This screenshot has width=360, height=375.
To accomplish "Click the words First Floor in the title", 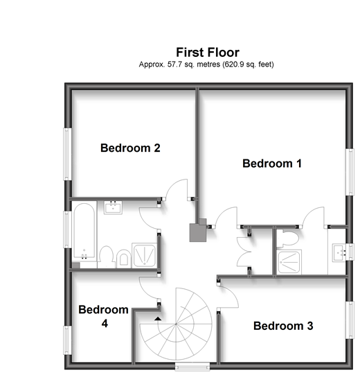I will tap(208, 52).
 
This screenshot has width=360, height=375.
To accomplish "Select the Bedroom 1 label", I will tap(272, 164).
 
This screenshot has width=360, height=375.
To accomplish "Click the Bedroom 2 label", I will tap(131, 148).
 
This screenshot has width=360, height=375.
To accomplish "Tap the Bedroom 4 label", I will tap(103, 316).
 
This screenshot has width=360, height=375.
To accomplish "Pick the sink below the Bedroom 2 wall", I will tap(113, 207).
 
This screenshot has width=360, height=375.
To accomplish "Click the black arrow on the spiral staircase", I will tap(159, 318).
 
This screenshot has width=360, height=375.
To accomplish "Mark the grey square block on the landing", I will tap(199, 232).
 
